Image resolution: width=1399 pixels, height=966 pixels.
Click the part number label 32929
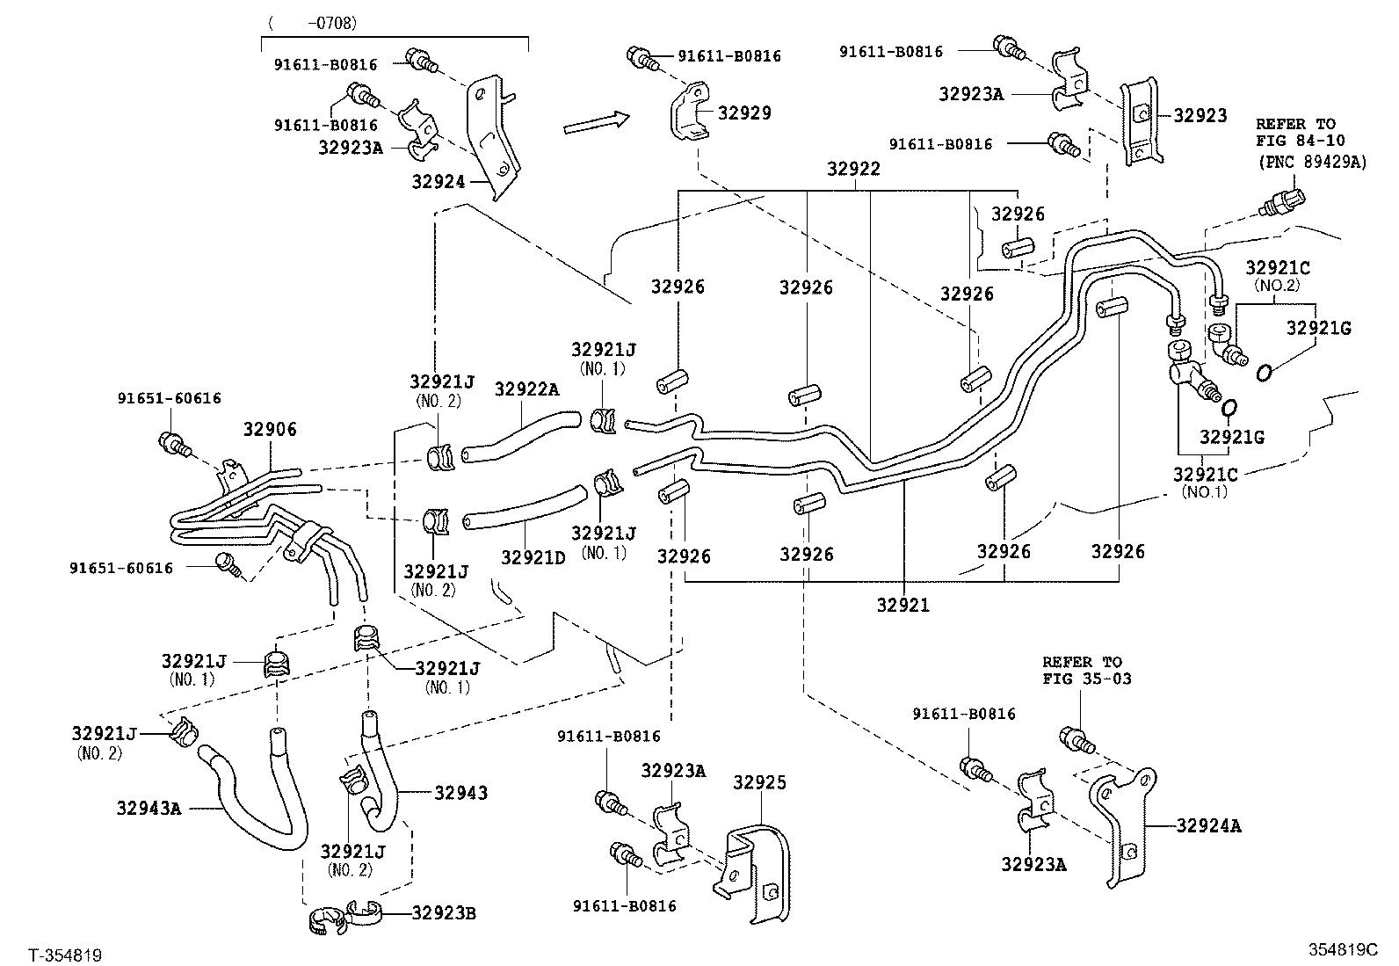pos(744,113)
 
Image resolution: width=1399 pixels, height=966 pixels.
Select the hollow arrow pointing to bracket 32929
pos(597,123)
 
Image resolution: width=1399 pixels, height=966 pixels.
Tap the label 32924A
pos(1208,825)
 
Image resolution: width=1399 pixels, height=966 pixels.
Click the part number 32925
pos(760,782)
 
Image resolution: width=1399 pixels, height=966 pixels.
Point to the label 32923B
pos(444,913)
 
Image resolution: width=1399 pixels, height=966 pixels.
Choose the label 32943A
pos(149,808)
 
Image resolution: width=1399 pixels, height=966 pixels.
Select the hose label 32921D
pos(533,556)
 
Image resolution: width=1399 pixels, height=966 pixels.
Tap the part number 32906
pos(270,430)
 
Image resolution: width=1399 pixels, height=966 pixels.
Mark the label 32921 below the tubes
pos(902,605)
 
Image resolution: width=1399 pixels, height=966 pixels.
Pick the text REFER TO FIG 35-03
pos(1086,670)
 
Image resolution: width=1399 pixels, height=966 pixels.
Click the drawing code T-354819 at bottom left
pos(65,955)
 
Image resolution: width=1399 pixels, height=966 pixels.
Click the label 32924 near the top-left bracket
pos(439,181)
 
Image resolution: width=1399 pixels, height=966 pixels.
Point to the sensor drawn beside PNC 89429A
pos(1282,201)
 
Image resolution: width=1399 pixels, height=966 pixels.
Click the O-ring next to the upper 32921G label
pos(1263,374)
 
